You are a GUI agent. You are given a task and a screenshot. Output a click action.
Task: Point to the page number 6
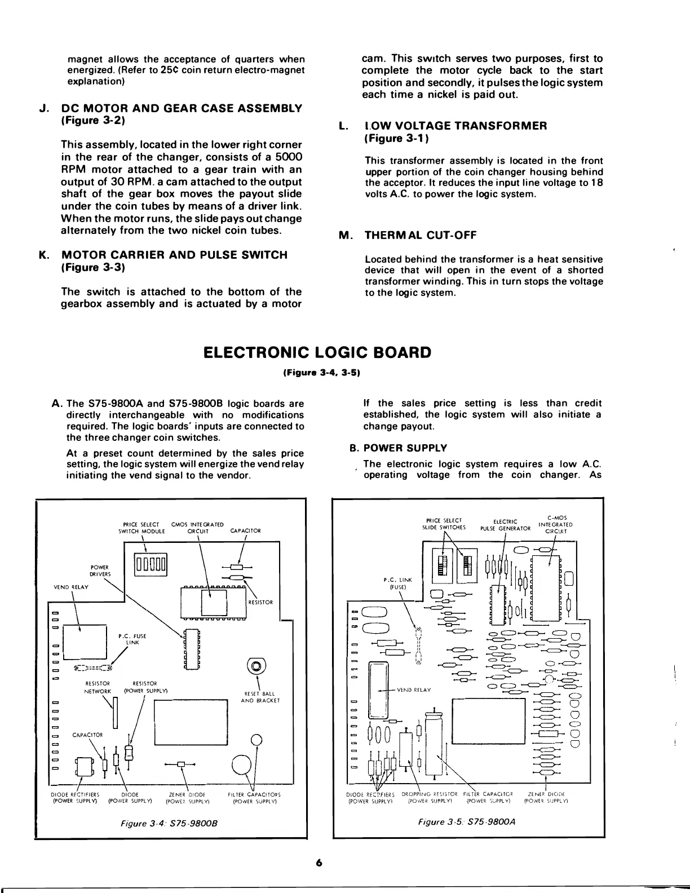pos(319,863)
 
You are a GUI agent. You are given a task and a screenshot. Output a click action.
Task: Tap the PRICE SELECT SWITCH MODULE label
pos(140,527)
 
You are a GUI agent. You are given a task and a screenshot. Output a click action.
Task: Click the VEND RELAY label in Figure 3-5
pos(414,689)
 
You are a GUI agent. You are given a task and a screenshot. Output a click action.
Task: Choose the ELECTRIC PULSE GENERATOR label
pos(505,525)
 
